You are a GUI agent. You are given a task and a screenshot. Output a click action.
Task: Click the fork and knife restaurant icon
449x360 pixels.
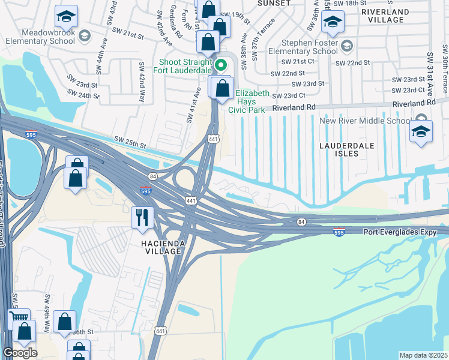pyautogui.click(x=142, y=217)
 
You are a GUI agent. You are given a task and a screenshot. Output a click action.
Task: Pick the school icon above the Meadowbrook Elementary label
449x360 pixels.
pyautogui.click(x=66, y=15)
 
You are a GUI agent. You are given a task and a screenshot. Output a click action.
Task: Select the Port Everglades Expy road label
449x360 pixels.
pyautogui.click(x=397, y=232)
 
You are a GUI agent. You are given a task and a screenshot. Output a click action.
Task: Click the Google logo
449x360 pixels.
pyautogui.click(x=20, y=353)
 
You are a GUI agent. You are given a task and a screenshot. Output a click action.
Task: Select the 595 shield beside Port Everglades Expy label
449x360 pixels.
pyautogui.click(x=340, y=232)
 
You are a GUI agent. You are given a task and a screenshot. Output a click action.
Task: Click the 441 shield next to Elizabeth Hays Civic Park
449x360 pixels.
pyautogui.click(x=213, y=122)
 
